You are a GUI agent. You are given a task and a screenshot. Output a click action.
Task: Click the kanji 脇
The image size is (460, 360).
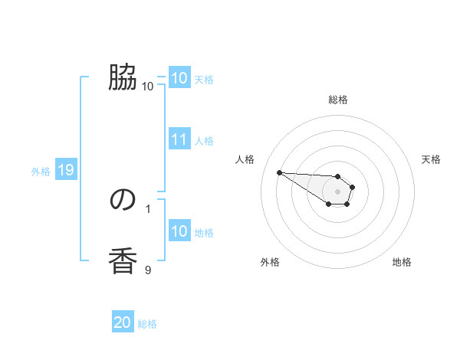[x=123, y=77]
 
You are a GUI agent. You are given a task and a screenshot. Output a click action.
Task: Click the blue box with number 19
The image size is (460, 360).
[x=66, y=170]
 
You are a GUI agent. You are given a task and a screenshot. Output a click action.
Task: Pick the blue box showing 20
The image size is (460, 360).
[x=123, y=322]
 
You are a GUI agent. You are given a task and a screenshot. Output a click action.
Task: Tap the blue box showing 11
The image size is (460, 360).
[x=179, y=139]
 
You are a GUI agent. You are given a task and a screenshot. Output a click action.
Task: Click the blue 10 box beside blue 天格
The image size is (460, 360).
[x=179, y=78]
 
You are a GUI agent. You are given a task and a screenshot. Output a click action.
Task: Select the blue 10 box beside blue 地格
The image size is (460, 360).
[x=179, y=231]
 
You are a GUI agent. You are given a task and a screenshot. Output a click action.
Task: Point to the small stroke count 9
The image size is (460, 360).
[x=148, y=269]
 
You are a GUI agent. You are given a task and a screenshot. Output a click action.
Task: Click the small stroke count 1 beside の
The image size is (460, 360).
[x=148, y=208]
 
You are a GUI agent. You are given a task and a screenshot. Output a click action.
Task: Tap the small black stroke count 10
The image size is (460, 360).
[x=147, y=86]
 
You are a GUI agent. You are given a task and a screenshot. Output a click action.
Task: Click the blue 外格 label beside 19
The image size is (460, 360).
[x=41, y=172]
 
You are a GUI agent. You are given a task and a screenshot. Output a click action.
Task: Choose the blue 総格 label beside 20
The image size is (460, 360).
[x=147, y=324]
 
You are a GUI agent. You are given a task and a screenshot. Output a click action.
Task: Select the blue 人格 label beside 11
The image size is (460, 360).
[x=204, y=141]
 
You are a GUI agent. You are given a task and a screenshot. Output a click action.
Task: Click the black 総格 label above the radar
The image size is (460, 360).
[x=338, y=100]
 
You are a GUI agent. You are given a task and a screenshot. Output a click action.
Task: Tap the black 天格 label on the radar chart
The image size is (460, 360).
[x=431, y=159]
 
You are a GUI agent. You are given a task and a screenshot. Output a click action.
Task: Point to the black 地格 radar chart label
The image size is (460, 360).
[x=402, y=263]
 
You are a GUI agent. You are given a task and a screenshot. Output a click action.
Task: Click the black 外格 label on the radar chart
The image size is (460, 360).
[x=270, y=263]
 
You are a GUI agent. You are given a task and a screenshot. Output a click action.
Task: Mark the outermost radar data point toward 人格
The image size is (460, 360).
[x=279, y=172]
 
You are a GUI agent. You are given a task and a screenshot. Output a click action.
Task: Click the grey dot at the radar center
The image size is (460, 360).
[x=337, y=191]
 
